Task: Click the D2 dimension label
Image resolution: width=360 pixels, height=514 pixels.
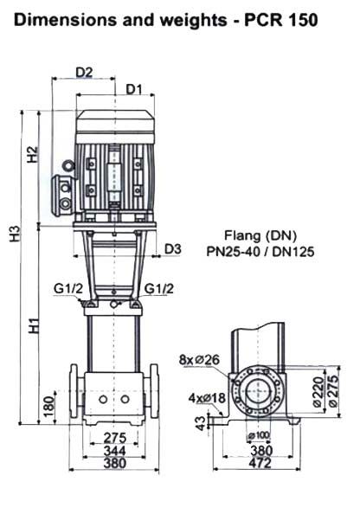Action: (84, 72)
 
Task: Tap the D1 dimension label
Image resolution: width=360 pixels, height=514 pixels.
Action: (134, 89)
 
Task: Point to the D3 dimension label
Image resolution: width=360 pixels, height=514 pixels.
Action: (172, 249)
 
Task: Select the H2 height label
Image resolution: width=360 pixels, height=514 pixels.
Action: (33, 154)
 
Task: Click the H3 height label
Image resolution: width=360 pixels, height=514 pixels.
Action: (16, 234)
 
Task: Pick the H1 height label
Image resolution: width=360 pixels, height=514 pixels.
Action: (34, 325)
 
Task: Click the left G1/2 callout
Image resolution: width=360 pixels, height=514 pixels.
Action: (68, 289)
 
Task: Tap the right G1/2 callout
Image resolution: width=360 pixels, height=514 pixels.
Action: (159, 289)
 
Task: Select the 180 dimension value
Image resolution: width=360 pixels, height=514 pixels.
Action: (48, 407)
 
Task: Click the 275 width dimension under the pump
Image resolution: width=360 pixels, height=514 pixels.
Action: (115, 438)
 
